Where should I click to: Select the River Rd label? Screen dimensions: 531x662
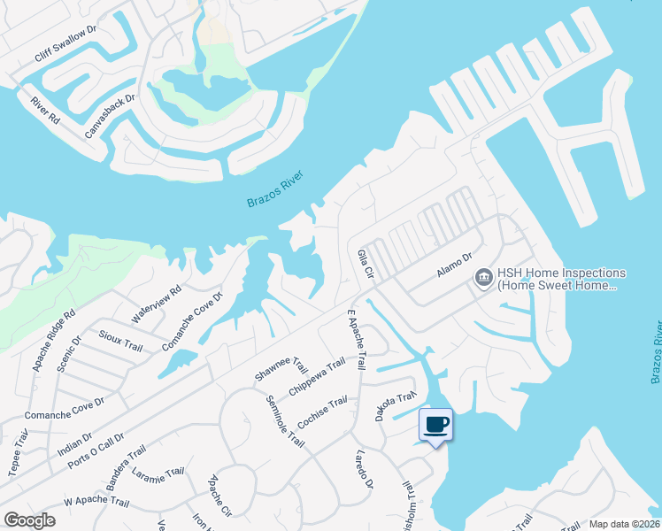click(44, 111)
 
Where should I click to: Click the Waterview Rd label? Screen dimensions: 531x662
click(156, 303)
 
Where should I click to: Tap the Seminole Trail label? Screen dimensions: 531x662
click(284, 420)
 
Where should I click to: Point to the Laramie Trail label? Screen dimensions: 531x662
click(158, 482)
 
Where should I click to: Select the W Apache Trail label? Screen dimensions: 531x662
click(96, 503)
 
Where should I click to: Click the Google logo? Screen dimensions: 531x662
click(29, 520)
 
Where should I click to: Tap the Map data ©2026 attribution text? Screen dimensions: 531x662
click(624, 524)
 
